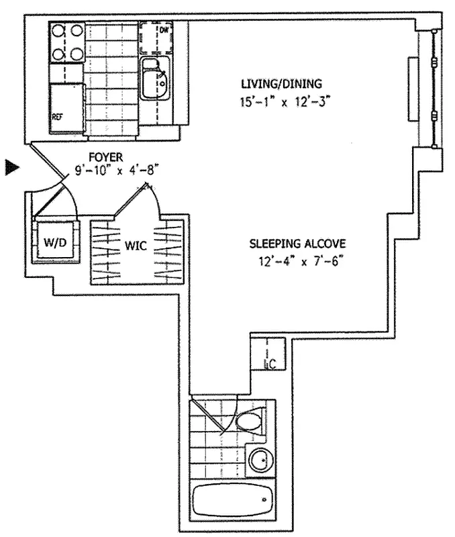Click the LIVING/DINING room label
282,84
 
